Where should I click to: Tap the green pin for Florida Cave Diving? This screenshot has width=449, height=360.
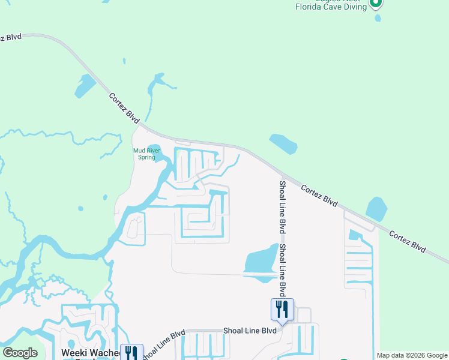(x=376, y=4)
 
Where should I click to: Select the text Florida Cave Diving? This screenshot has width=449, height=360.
(x=330, y=7)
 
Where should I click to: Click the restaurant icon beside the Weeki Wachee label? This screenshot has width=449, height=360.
(x=131, y=353)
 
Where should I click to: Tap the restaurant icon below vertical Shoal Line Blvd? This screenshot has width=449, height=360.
(x=282, y=310)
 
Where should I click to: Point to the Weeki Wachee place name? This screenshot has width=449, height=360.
(x=90, y=353)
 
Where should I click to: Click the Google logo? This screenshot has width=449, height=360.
(x=20, y=353)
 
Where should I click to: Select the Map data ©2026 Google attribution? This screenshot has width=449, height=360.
(x=412, y=355)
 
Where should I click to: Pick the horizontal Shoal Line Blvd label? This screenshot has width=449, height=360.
(x=250, y=331)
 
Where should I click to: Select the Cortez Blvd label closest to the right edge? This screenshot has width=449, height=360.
(x=407, y=241)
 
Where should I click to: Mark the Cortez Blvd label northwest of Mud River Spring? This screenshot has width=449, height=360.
(x=124, y=109)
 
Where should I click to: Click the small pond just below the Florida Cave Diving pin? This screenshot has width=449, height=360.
(x=377, y=18)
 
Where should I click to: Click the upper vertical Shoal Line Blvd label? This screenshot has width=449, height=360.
(x=282, y=207)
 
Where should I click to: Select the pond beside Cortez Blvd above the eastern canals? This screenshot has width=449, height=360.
(x=376, y=208)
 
